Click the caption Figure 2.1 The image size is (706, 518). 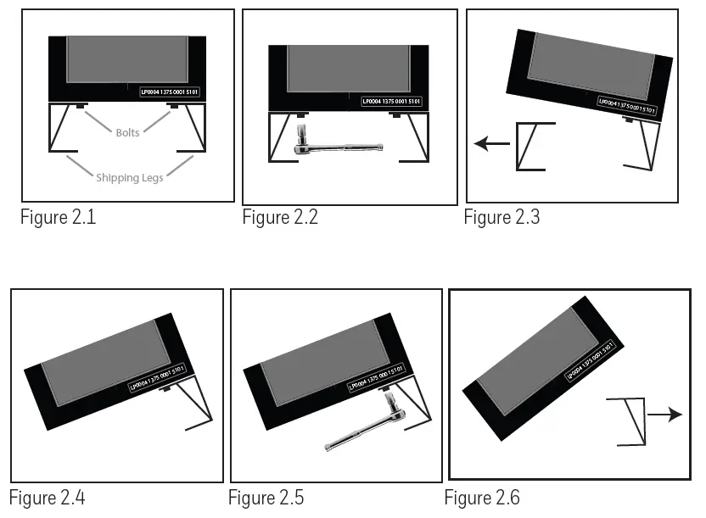click(x=58, y=217)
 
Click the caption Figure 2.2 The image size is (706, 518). click(x=280, y=217)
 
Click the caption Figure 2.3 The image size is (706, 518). click(x=501, y=217)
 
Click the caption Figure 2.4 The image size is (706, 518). click(x=48, y=497)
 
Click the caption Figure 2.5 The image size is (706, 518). click(x=266, y=497)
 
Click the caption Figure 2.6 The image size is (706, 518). click(x=482, y=497)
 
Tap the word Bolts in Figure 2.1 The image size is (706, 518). click(x=128, y=133)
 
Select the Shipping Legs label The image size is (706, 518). click(x=129, y=177)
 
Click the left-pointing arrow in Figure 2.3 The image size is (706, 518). click(x=491, y=143)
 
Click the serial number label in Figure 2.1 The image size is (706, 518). click(x=170, y=91)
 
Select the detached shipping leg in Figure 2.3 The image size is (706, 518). click(x=533, y=146)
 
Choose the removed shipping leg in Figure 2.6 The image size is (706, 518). click(x=627, y=421)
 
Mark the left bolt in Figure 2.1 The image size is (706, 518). click(x=79, y=106)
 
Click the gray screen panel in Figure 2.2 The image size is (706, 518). click(x=348, y=68)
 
